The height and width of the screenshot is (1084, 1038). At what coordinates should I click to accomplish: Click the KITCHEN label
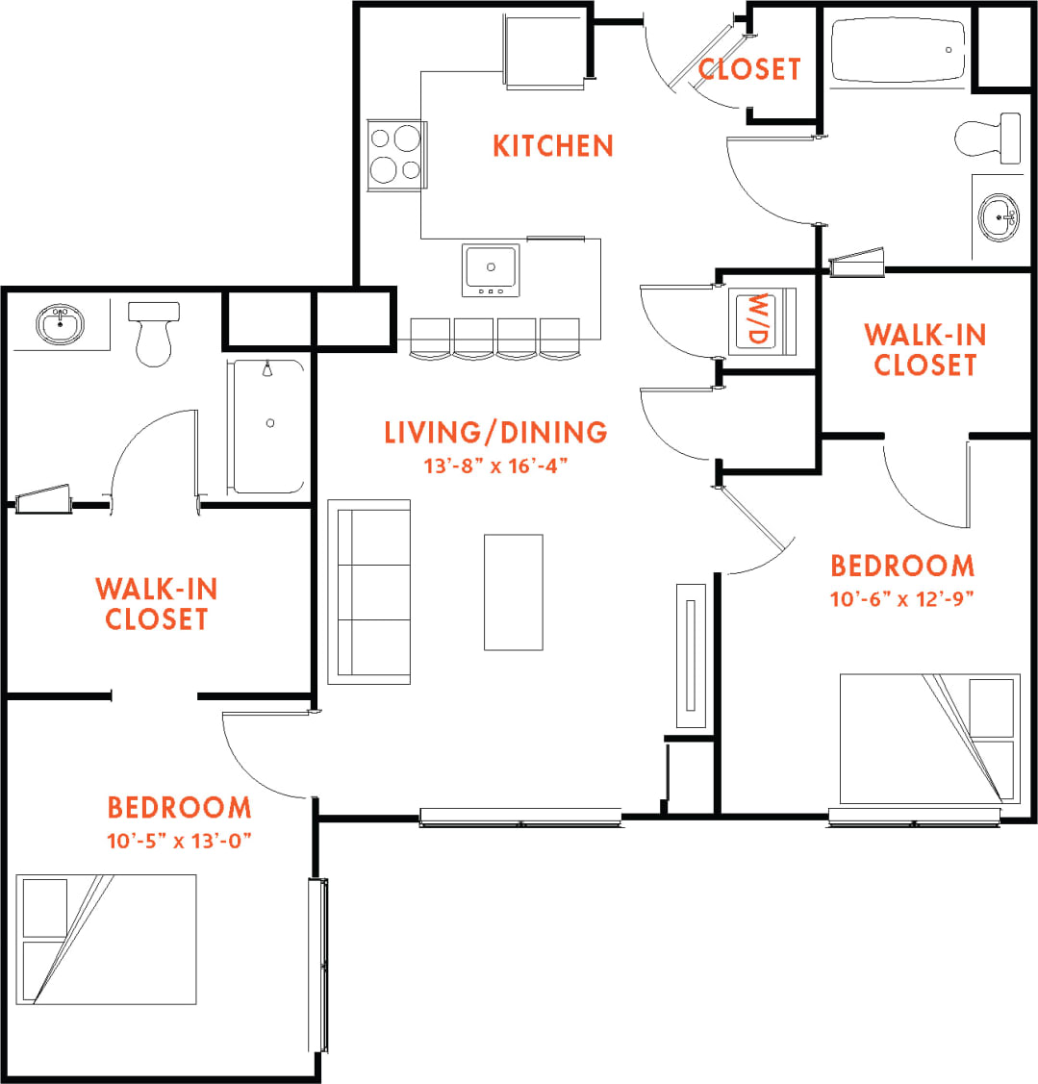552,146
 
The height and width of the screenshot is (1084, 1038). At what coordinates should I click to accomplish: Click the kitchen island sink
491,269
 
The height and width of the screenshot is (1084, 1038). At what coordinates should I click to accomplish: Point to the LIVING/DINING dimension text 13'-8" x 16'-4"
495,466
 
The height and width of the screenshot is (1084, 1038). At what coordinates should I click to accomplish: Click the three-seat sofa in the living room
369,591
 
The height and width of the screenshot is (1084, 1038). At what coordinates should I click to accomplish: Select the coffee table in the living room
513,592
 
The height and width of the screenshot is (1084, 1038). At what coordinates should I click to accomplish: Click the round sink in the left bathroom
63,323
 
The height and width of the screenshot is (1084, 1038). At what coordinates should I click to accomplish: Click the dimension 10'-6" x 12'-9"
902,599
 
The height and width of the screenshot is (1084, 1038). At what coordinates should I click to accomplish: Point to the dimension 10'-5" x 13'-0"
179,841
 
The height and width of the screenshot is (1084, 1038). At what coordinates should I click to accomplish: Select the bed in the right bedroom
929,739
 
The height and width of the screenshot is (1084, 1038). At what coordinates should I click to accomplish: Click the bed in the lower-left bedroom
107,939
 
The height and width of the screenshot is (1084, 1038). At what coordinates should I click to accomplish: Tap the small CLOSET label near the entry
749,69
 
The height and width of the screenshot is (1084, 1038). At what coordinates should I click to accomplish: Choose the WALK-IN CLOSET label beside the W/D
924,349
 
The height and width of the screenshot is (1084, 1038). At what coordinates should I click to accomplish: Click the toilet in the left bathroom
154,332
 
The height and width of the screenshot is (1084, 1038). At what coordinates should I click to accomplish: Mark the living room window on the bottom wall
520,818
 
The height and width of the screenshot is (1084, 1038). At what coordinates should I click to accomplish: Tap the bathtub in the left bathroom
268,425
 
